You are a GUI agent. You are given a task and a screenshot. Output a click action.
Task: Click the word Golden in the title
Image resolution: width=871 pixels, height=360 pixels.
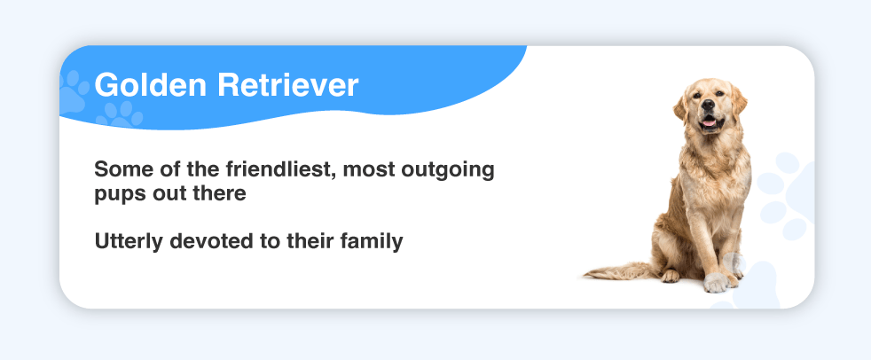coord(151,85)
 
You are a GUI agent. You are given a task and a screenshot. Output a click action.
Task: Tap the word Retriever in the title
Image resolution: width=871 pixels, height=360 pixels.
coord(287,85)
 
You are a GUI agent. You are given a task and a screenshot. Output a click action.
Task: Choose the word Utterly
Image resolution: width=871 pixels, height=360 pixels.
coord(129,242)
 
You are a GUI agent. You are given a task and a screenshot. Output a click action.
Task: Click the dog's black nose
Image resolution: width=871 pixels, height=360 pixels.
coord(708,104)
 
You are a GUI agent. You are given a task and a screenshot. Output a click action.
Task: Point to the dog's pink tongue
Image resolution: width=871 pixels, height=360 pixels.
coord(710,122)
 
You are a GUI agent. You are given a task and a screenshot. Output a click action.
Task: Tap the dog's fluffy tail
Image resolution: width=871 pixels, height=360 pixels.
coord(618,271)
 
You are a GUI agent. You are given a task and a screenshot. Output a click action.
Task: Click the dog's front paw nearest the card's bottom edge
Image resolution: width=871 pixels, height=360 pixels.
coord(716,282)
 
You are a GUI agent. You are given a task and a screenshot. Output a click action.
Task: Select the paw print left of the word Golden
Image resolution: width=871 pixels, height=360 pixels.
coord(73,91)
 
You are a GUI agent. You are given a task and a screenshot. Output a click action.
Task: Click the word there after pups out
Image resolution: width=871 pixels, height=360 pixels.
coord(218,193)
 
